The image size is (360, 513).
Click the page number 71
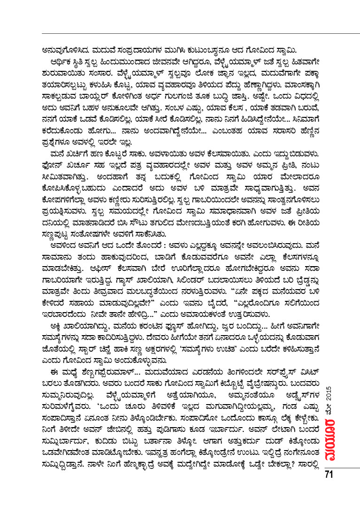tap(328, 474)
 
